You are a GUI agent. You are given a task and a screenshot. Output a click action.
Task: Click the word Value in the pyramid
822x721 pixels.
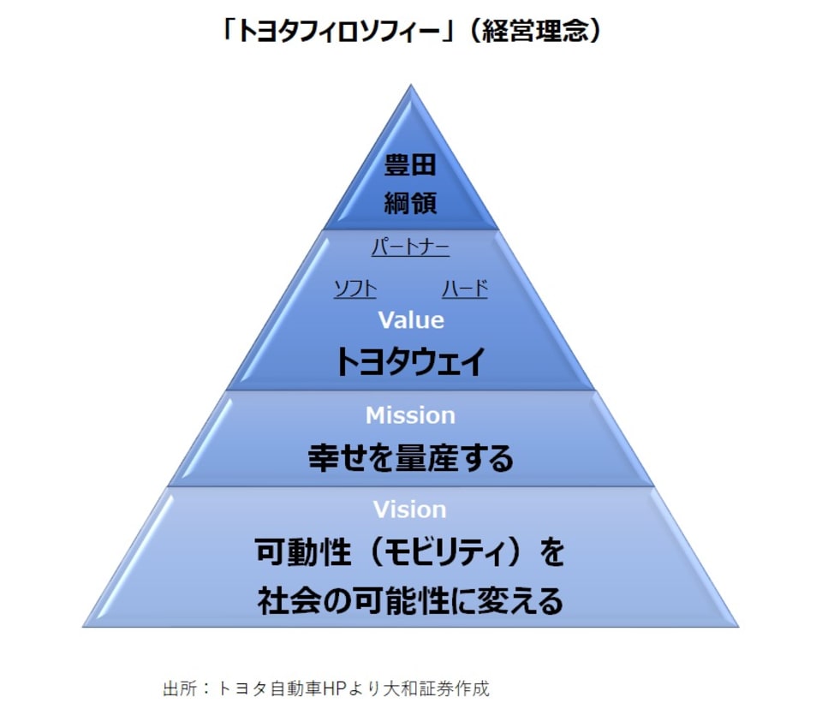[411, 320]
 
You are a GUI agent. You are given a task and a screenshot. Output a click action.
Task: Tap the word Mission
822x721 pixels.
[410, 415]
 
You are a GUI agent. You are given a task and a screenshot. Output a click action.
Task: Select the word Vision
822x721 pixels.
[410, 509]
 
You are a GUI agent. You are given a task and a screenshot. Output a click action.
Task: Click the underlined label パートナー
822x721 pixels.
[410, 248]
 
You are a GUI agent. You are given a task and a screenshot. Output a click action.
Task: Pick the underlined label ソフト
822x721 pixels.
[354, 289]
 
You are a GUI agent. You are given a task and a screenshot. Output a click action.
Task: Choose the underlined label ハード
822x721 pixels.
[465, 289]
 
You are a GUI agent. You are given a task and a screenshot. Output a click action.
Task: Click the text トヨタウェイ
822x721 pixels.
[410, 362]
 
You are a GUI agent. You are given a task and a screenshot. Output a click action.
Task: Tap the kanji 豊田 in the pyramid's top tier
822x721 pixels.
[410, 166]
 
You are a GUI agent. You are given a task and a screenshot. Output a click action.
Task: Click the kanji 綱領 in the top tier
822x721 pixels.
[410, 202]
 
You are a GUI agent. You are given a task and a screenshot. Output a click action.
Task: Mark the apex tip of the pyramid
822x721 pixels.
[410, 86]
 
